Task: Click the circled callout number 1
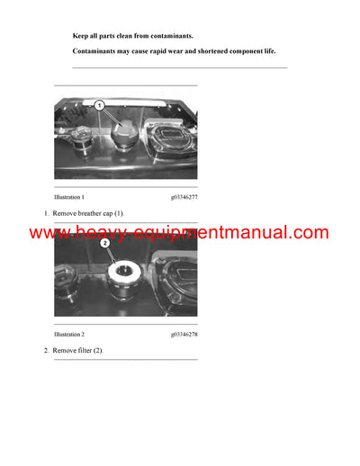pos(100,106)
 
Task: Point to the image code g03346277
pos(184,196)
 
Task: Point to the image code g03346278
pos(184,333)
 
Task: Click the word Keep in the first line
pos(80,36)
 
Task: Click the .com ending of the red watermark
pos(308,233)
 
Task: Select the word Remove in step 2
pos(65,349)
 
